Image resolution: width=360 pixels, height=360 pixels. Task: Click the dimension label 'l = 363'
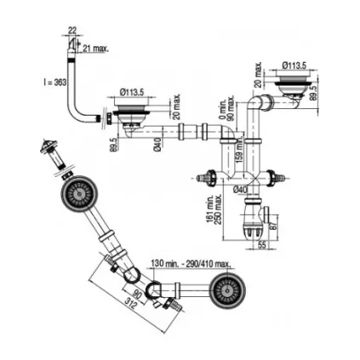[55, 82]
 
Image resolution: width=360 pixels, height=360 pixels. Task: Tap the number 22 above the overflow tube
[72, 31]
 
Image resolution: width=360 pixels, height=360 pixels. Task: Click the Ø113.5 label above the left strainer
[132, 91]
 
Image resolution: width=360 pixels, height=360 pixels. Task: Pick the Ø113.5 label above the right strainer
[294, 64]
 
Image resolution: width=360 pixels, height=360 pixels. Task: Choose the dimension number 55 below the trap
[261, 244]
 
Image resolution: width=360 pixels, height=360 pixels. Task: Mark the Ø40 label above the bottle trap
[241, 190]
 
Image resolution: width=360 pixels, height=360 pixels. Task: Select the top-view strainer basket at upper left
[79, 194]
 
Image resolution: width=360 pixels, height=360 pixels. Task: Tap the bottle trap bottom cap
[252, 229]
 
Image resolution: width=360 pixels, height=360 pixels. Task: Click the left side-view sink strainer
[134, 111]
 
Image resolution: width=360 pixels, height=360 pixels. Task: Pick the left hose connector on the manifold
[204, 178]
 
